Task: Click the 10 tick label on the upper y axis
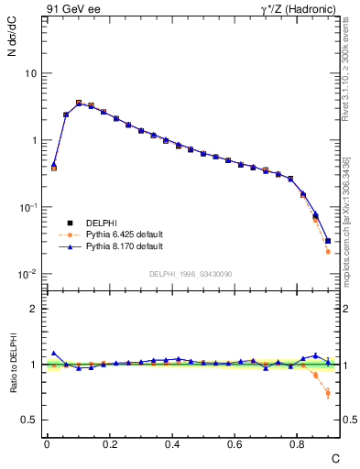pyautogui.click(x=30, y=73)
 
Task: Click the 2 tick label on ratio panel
pyautogui.click(x=33, y=309)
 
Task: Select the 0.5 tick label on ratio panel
pyautogui.click(x=29, y=420)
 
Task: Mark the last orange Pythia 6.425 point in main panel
pyautogui.click(x=328, y=251)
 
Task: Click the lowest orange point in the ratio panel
pyautogui.click(x=328, y=394)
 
